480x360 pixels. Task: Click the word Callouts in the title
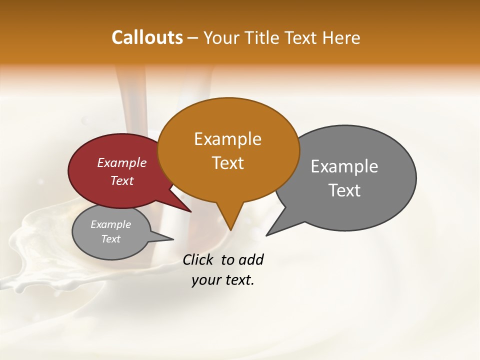(147, 37)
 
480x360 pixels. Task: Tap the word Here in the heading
(341, 38)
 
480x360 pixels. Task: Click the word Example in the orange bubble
(227, 139)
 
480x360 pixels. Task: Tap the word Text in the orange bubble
(227, 163)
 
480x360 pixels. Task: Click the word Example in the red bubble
(121, 162)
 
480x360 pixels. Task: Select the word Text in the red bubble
(121, 180)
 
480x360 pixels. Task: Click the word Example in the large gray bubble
(344, 166)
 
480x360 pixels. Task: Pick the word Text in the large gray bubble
(344, 190)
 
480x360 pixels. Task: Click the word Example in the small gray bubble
(110, 224)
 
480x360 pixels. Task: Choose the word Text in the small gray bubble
(110, 239)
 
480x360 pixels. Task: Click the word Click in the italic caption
(197, 260)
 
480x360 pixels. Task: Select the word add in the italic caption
(250, 260)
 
